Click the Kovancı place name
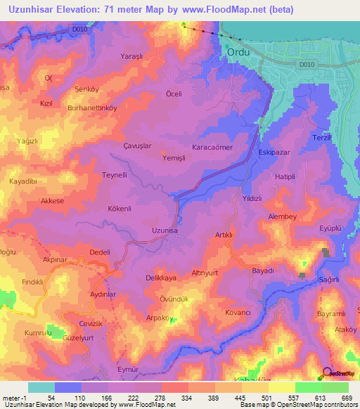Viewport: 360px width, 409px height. click(238, 311)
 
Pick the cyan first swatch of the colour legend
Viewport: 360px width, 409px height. click(41, 387)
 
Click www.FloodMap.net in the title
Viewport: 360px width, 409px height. click(222, 10)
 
